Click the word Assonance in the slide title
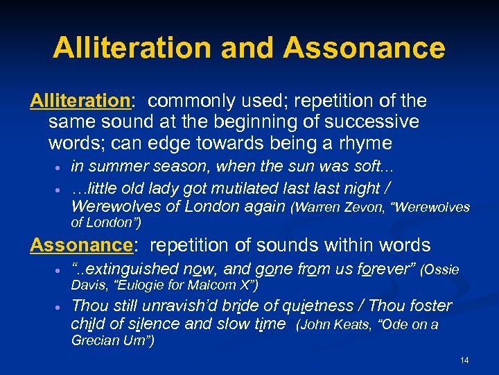coord(364,48)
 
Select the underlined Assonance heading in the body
coord(81,245)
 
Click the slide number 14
coord(464,360)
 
